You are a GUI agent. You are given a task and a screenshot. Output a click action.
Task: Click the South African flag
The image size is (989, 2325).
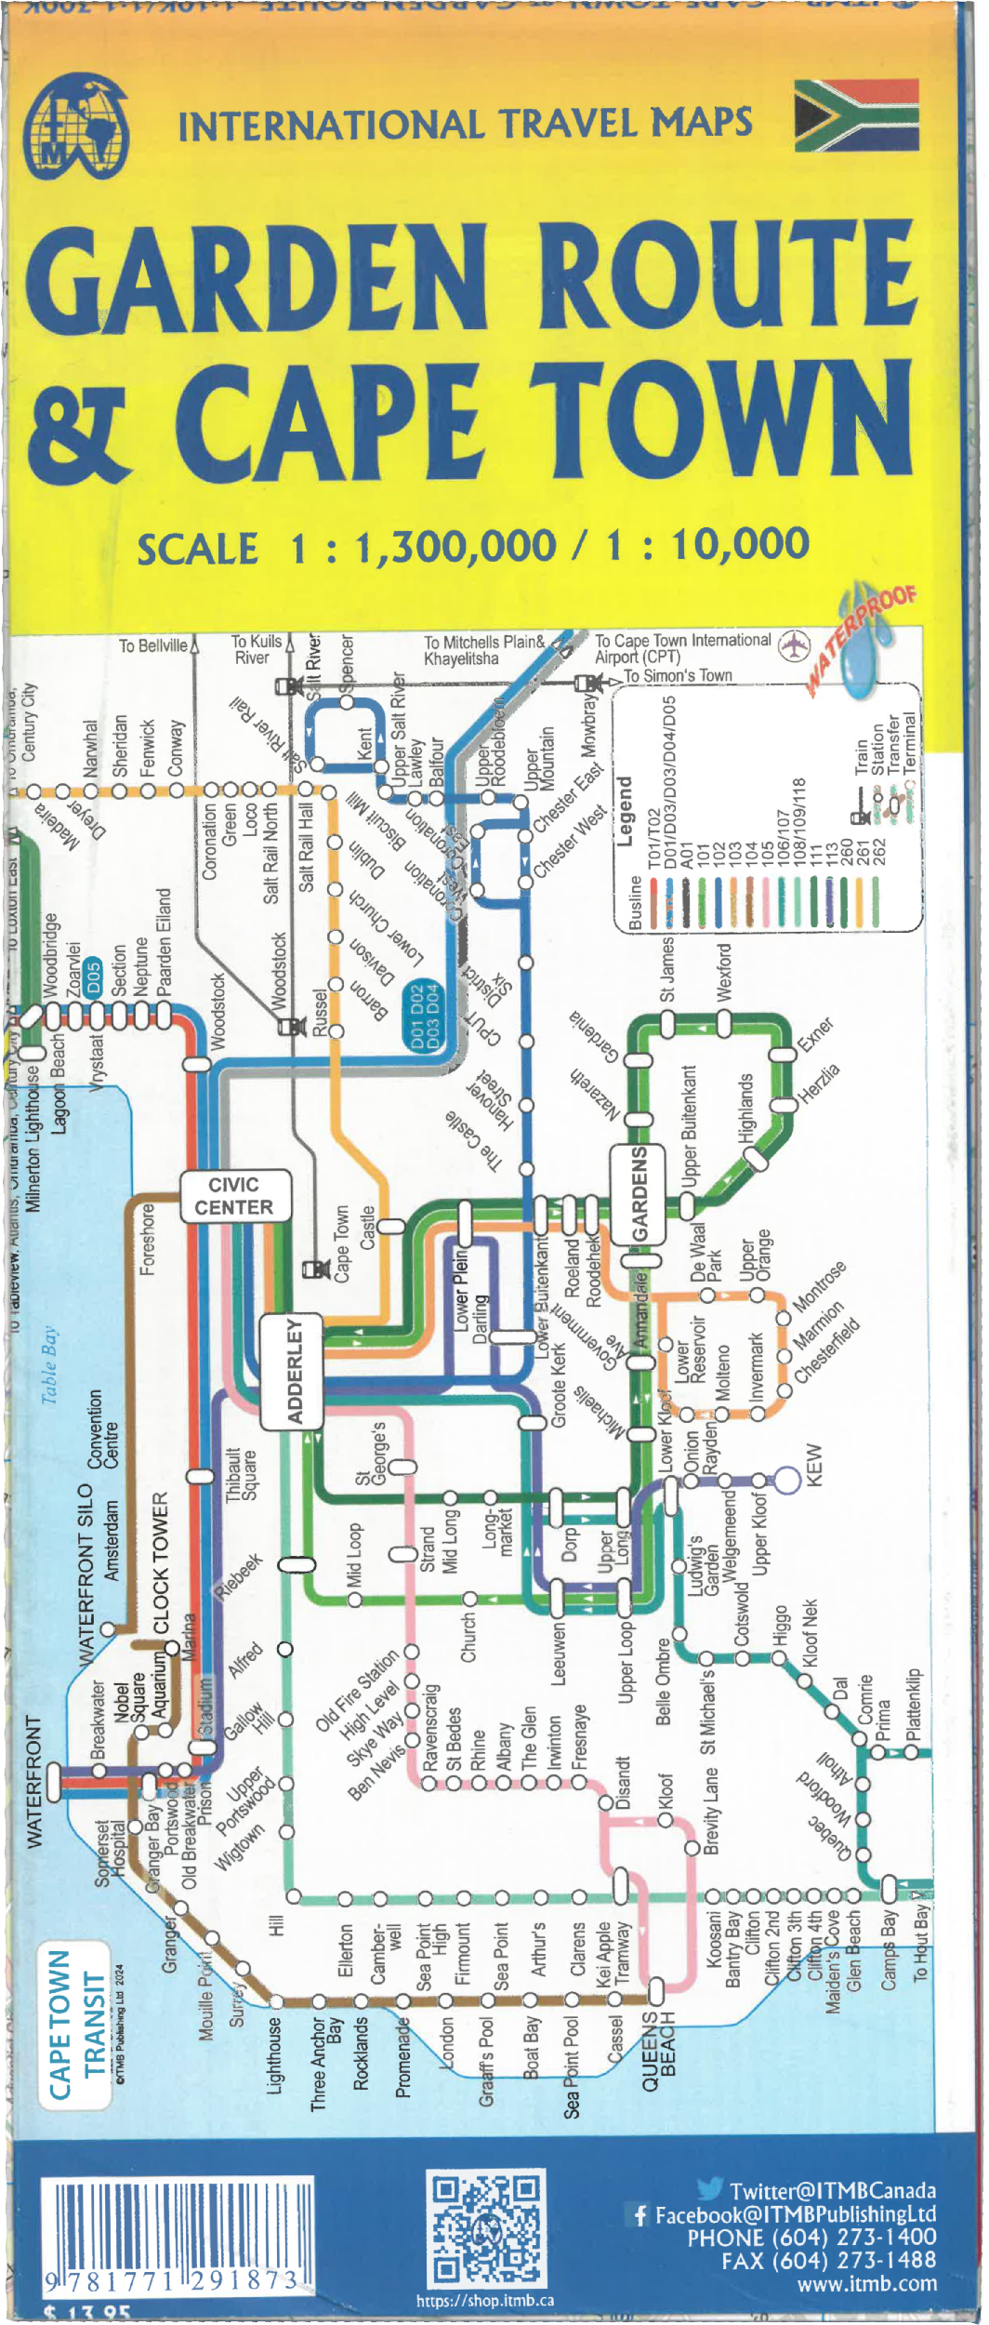(x=856, y=115)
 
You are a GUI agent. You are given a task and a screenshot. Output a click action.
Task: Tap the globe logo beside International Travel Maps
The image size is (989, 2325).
(x=75, y=127)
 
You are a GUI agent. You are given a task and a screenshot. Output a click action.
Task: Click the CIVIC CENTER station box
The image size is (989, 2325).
(x=234, y=1196)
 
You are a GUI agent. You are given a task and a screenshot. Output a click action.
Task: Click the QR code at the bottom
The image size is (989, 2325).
(x=484, y=2228)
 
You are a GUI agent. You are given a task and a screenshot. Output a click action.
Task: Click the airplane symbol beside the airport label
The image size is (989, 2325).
(x=794, y=644)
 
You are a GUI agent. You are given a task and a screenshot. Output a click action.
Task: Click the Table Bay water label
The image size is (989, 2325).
(x=49, y=1364)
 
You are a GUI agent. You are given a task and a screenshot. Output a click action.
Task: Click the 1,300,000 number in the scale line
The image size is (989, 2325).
(x=455, y=546)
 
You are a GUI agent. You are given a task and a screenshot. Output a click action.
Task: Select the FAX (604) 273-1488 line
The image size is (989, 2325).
(x=828, y=2260)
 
